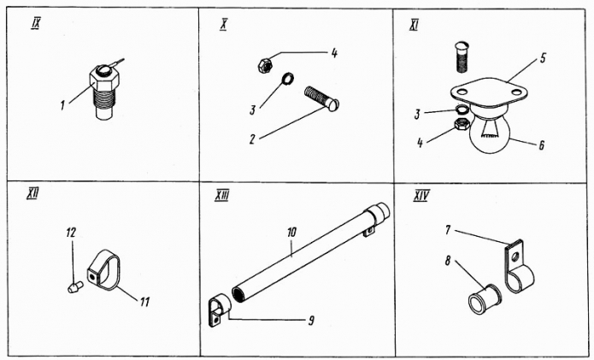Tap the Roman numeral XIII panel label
tap(223, 196)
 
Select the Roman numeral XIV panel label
tap(421, 196)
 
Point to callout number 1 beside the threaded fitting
tap(62, 105)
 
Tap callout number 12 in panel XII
tap(72, 231)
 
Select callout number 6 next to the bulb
tap(540, 145)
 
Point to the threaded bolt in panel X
tap(321, 97)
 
